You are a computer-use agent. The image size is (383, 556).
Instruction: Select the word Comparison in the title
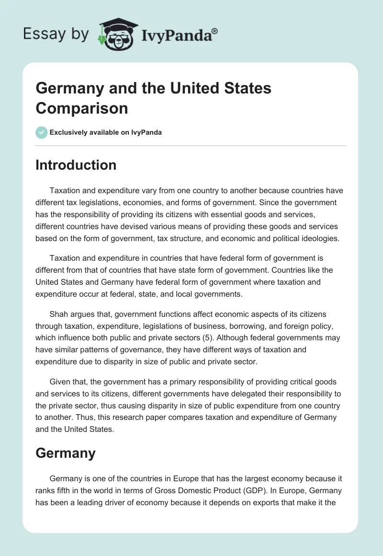tap(82, 108)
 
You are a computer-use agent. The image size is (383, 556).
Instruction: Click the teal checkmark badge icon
tap(41, 132)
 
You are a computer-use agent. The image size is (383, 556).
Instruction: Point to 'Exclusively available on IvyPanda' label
tap(105, 132)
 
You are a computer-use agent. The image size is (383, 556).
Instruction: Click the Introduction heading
tap(76, 165)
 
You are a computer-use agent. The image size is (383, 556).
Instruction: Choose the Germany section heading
tap(66, 453)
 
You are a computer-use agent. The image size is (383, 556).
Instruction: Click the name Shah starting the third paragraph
tap(58, 314)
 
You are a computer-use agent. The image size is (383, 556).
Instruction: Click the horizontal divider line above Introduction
tap(191, 145)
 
